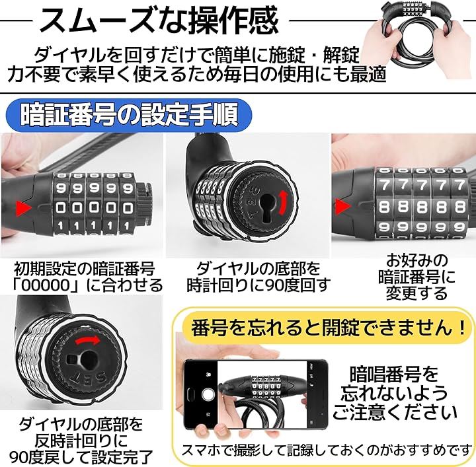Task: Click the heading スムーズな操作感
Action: (159, 20)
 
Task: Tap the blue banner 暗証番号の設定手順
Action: (130, 115)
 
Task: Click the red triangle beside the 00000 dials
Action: (24, 207)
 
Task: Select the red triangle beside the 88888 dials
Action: (343, 206)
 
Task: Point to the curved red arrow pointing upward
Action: (281, 201)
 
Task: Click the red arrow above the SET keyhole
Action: (88, 340)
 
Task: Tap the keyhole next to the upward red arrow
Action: (267, 207)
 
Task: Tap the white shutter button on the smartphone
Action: (208, 394)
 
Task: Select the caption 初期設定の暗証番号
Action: (85, 269)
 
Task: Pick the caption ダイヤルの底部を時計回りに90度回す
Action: (258, 277)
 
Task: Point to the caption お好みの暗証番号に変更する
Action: (416, 277)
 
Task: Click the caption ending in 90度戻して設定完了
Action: (81, 441)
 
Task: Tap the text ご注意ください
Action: (395, 412)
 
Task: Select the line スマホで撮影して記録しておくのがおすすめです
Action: (327, 450)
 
